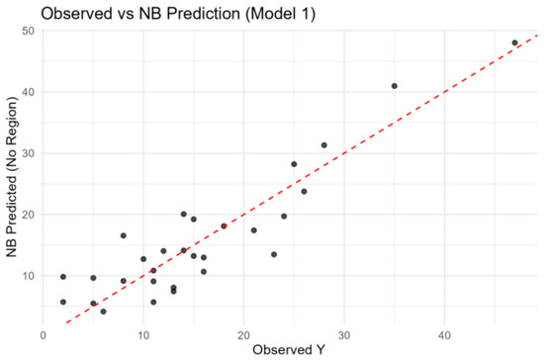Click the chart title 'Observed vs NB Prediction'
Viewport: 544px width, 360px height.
(140, 14)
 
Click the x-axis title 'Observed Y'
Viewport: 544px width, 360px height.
(289, 349)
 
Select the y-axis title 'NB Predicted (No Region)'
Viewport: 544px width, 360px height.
(12, 177)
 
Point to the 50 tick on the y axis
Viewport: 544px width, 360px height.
(28, 31)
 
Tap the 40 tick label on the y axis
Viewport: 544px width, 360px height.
(28, 92)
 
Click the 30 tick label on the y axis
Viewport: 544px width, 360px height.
(28, 153)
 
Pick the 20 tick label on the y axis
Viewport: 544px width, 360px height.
(28, 215)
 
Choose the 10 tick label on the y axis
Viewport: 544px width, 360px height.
(28, 276)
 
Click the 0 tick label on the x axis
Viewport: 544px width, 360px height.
(43, 335)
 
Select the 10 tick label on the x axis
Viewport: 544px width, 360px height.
(143, 335)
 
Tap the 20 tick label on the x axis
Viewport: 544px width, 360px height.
(243, 335)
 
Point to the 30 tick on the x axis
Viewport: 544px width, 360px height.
(344, 335)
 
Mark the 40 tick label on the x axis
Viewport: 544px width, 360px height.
(444, 335)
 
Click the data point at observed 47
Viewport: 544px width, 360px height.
(515, 43)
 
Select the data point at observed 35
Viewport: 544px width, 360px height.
(395, 86)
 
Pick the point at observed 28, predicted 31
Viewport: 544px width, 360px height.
(324, 145)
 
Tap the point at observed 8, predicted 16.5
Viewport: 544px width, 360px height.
(124, 235)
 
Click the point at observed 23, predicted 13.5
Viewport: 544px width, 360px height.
(274, 254)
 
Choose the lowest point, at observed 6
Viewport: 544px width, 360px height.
(104, 312)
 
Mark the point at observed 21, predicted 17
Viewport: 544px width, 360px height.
(254, 230)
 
